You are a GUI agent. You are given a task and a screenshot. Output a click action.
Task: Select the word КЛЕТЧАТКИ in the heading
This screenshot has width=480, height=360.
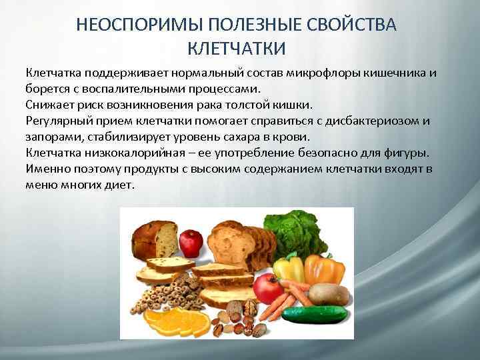239,48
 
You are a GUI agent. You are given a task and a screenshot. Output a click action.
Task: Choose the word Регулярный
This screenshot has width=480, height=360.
57,121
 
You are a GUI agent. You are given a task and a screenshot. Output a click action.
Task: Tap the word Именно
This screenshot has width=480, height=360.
45,169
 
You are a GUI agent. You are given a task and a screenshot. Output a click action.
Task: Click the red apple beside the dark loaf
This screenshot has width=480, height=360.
191,243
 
